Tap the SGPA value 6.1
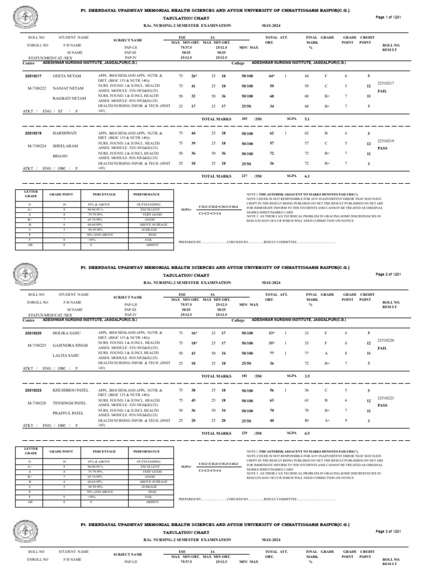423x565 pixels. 307,176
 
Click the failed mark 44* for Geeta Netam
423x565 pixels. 272,75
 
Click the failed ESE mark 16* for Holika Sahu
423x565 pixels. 194,333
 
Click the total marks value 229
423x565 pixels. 245,433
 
